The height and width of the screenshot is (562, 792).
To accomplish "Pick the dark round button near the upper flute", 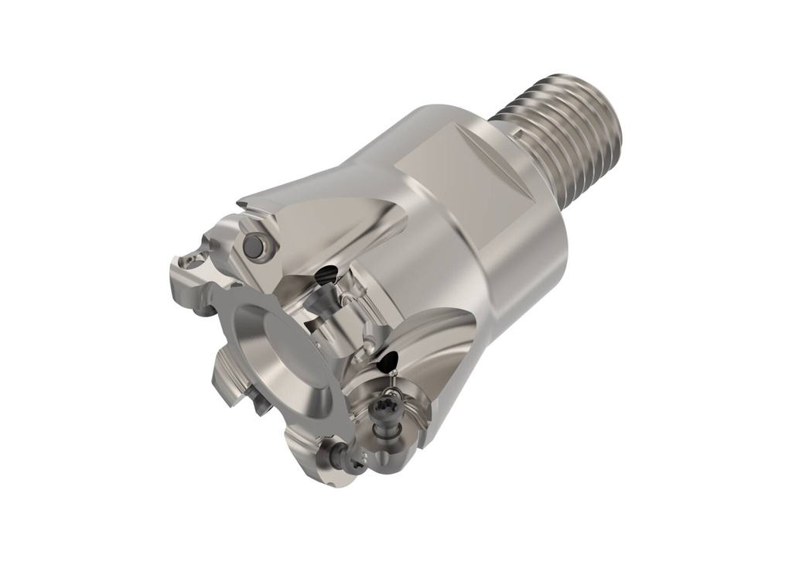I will pyautogui.click(x=252, y=246).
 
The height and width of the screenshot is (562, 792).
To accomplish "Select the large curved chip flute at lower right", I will pyautogui.click(x=433, y=348).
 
